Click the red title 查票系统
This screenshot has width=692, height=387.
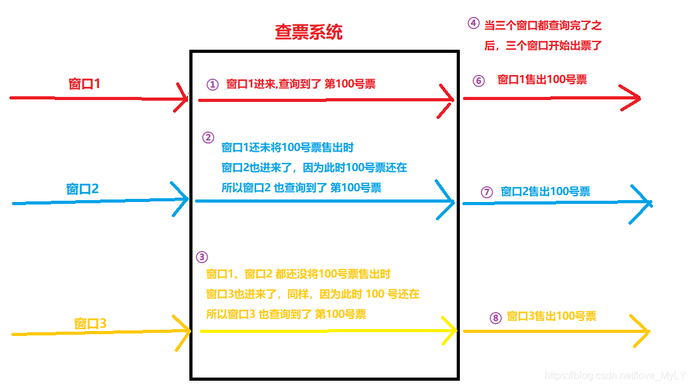[x=308, y=33]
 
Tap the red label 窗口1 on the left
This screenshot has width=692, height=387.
[x=84, y=84]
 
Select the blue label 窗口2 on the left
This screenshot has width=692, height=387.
[x=82, y=189]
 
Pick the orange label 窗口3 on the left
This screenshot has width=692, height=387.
[x=90, y=323]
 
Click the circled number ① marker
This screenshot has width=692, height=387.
[x=213, y=84]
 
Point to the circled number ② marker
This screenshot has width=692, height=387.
[x=208, y=137]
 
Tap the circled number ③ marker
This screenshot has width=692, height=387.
[x=201, y=257]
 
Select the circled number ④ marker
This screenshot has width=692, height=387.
[x=473, y=23]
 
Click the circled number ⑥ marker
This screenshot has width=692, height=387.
[x=479, y=81]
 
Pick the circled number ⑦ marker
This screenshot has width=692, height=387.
[x=486, y=193]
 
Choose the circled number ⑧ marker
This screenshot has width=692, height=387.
[x=495, y=318]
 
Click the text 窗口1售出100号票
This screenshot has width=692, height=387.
[x=542, y=80]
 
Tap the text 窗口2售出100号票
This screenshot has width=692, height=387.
[x=545, y=191]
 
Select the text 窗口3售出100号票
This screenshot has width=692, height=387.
[x=551, y=317]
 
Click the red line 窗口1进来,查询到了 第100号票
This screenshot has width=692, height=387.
[x=301, y=84]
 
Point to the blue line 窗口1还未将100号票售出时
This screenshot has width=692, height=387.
[x=287, y=148]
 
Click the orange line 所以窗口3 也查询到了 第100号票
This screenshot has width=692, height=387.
[x=286, y=314]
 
